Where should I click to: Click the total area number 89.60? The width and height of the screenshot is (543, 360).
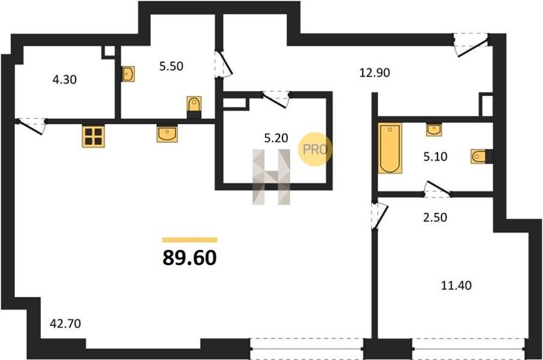click(x=190, y=257)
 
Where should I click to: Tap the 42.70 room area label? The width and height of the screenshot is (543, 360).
click(x=65, y=324)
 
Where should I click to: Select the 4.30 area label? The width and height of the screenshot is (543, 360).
click(x=65, y=80)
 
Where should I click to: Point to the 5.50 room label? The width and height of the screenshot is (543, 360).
click(x=171, y=66)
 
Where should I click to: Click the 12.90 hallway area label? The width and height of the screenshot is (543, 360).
click(x=374, y=73)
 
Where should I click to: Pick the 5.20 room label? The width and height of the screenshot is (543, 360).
click(x=276, y=138)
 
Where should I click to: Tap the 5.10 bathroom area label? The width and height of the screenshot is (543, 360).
click(x=435, y=157)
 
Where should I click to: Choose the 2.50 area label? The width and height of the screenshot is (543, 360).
click(x=435, y=217)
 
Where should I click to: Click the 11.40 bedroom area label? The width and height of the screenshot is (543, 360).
click(x=456, y=286)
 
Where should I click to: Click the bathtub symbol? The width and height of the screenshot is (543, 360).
click(x=390, y=148)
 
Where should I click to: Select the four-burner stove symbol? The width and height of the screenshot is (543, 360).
click(x=94, y=136)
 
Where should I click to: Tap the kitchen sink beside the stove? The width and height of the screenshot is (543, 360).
click(x=167, y=134)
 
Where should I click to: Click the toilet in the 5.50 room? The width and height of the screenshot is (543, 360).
click(x=194, y=106)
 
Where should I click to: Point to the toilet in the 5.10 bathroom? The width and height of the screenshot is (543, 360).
click(x=481, y=156)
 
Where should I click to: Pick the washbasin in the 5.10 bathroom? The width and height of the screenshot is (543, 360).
click(x=434, y=130)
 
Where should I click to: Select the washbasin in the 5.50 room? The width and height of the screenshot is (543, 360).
click(x=128, y=74)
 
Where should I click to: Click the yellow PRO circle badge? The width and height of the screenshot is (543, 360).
click(x=315, y=149)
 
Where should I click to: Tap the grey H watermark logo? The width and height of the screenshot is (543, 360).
click(x=271, y=177)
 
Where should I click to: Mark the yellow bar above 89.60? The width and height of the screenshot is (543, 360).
click(x=190, y=240)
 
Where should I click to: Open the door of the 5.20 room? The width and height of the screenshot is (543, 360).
click(x=275, y=99)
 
